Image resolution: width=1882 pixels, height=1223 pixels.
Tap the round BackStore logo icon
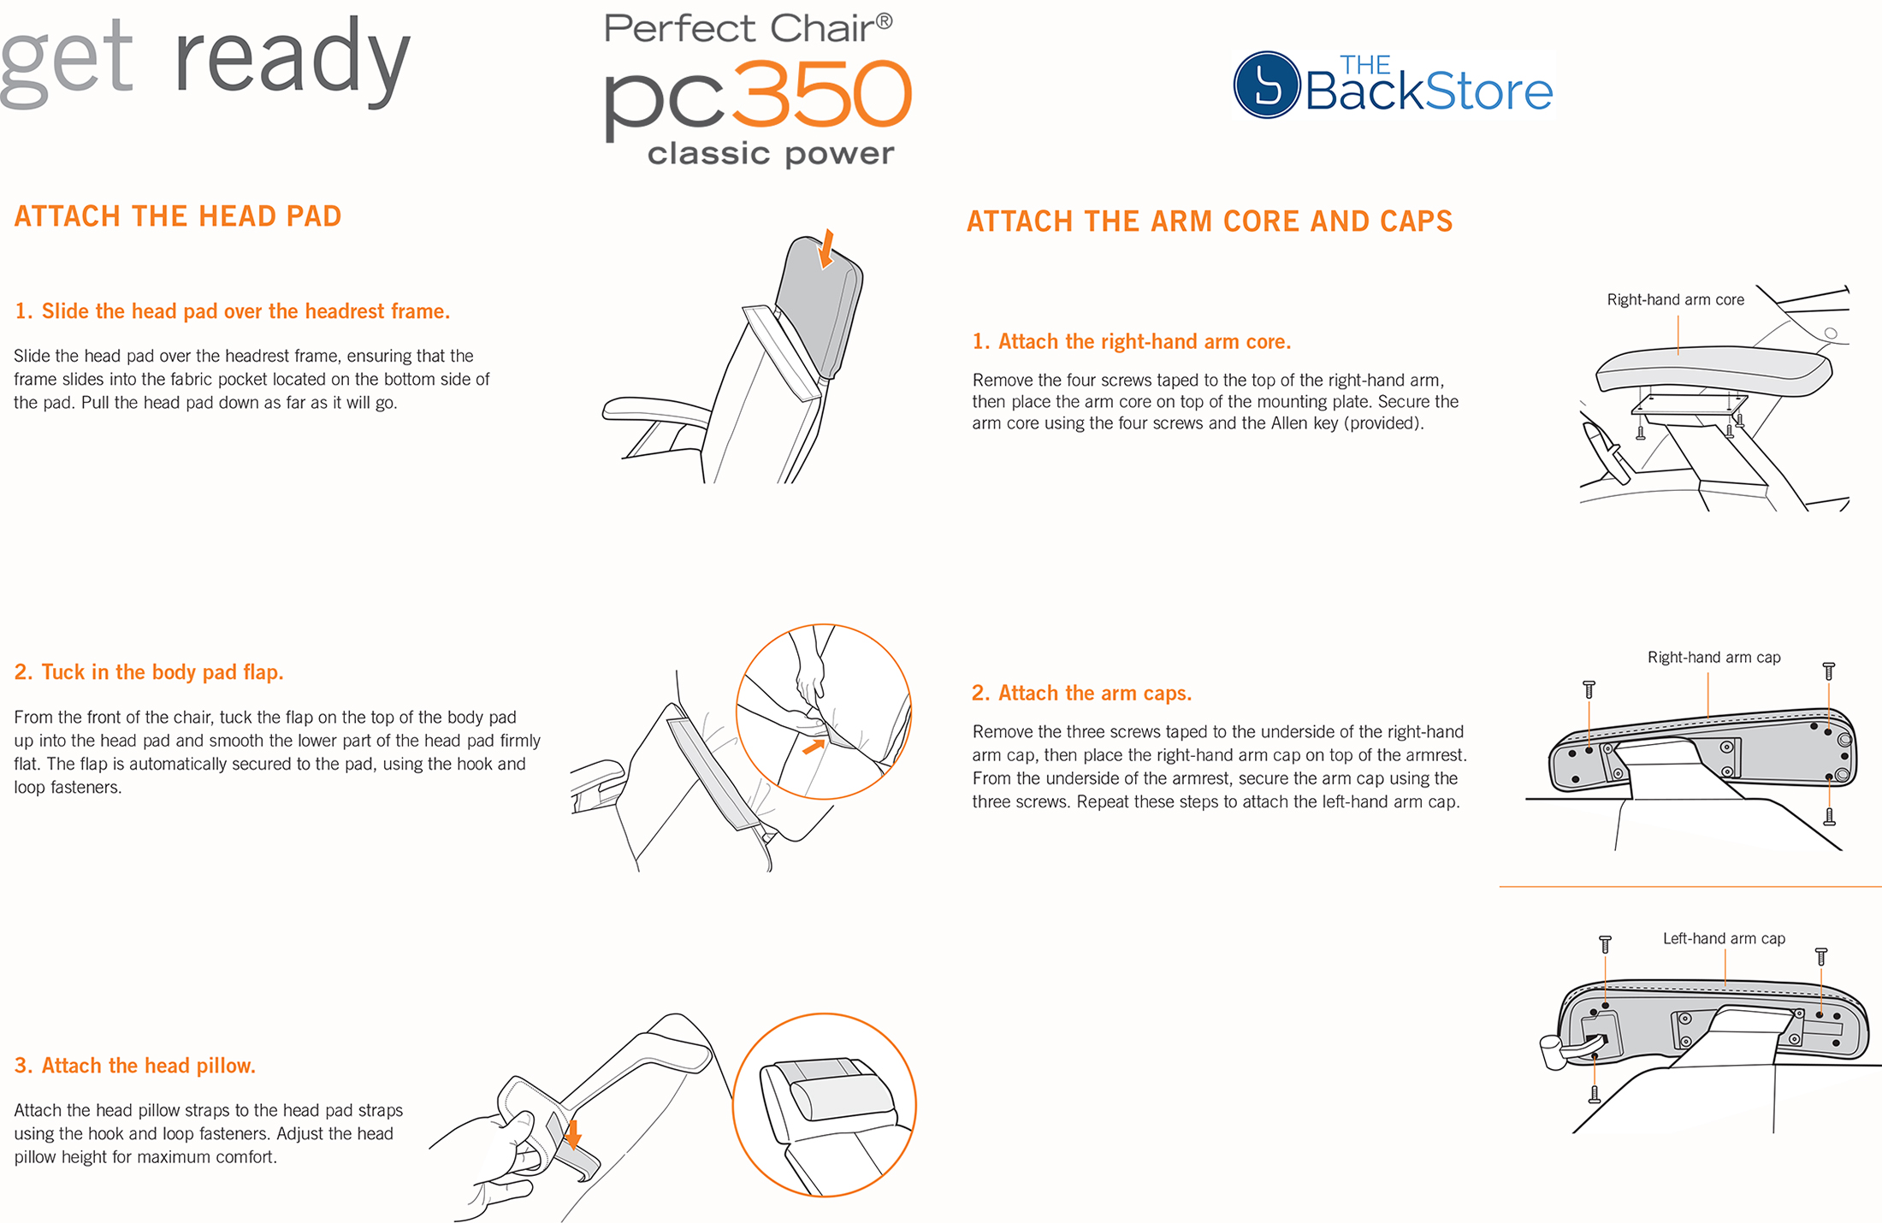pyautogui.click(x=1267, y=85)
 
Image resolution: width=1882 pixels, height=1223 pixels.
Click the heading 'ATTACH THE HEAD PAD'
pyautogui.click(x=178, y=216)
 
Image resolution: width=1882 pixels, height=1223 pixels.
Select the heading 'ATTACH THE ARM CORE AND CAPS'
pyautogui.click(x=1210, y=222)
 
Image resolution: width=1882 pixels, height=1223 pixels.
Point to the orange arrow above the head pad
pyautogui.click(x=826, y=248)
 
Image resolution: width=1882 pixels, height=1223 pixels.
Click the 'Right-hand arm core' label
pyautogui.click(x=1675, y=299)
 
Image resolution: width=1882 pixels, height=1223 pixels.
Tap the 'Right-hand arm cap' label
pyautogui.click(x=1713, y=657)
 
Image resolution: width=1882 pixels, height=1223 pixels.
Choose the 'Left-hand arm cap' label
pyautogui.click(x=1724, y=938)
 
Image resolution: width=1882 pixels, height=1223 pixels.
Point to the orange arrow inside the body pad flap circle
pyautogui.click(x=814, y=747)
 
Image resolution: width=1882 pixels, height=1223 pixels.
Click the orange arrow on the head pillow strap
pyautogui.click(x=573, y=1134)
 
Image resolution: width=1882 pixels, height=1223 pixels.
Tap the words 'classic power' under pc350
pyautogui.click(x=771, y=154)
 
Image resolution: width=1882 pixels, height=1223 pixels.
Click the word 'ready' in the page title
pyautogui.click(x=293, y=60)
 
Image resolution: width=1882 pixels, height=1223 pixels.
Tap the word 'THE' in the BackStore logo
pyautogui.click(x=1365, y=65)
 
